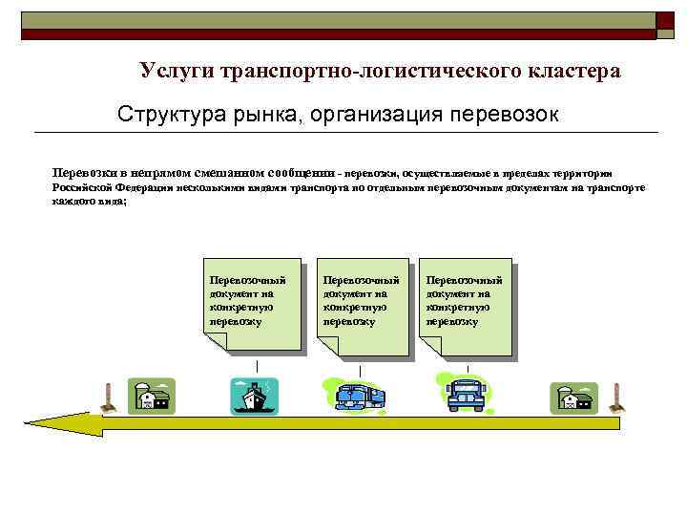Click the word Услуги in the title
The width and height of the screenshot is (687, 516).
click(176, 72)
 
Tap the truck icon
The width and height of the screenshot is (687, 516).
click(358, 395)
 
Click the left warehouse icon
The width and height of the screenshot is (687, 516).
click(153, 396)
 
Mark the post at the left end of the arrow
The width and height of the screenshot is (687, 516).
click(110, 398)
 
